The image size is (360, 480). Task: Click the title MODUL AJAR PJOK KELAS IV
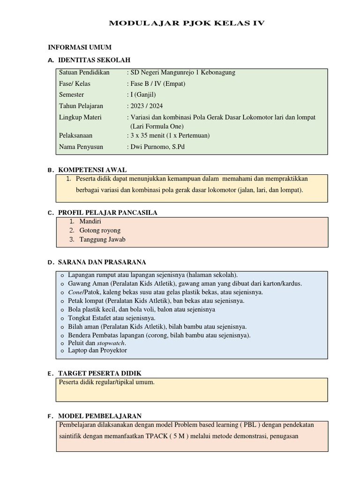point(187,23)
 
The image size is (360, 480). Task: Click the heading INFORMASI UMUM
point(80,48)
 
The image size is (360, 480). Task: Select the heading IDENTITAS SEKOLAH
point(94,60)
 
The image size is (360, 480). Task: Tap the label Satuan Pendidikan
point(84,73)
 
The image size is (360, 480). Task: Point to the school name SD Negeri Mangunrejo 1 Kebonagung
point(183,73)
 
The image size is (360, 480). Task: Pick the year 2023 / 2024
point(147,106)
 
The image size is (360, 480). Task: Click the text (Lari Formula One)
point(157,126)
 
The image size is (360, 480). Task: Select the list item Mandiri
point(90,221)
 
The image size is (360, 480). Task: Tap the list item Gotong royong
point(100,230)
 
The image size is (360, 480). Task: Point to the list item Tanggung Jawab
point(102,240)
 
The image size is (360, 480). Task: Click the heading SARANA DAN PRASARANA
point(102,262)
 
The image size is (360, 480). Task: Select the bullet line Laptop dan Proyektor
point(97,350)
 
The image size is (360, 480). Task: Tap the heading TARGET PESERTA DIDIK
point(100,373)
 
